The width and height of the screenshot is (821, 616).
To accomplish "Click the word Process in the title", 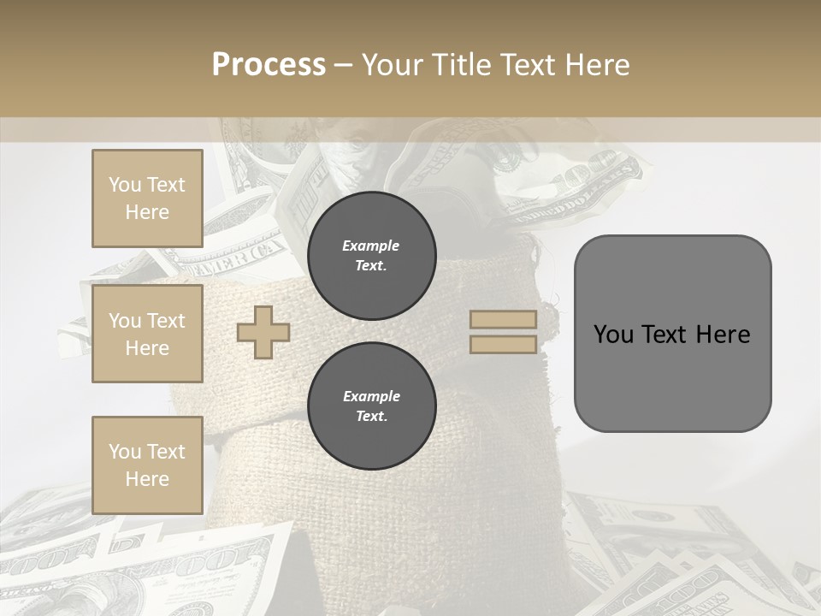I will pyautogui.click(x=269, y=65).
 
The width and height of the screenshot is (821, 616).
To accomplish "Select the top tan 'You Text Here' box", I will pyautogui.click(x=147, y=198).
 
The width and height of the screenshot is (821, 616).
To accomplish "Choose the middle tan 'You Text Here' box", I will pyautogui.click(x=147, y=334).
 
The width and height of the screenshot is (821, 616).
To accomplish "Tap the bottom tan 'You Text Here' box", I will pyautogui.click(x=147, y=465).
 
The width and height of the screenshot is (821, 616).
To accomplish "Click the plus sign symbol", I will pyautogui.click(x=263, y=332).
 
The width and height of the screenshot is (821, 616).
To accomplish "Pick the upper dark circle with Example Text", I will pyautogui.click(x=371, y=255).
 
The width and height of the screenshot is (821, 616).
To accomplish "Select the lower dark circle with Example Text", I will pyautogui.click(x=371, y=406).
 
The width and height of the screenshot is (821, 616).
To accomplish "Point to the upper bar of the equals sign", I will pyautogui.click(x=504, y=320).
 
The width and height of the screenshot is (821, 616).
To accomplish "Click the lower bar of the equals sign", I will pyautogui.click(x=504, y=344).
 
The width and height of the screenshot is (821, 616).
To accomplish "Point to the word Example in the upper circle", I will pyautogui.click(x=371, y=246).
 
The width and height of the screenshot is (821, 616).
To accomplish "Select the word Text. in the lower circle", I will pyautogui.click(x=371, y=417).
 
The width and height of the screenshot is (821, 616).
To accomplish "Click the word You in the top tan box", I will pyautogui.click(x=125, y=185).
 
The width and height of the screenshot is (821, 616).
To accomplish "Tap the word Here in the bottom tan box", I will pyautogui.click(x=147, y=479).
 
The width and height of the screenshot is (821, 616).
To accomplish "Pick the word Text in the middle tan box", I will pyautogui.click(x=165, y=321).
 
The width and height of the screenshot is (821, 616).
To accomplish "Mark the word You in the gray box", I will pyautogui.click(x=613, y=335).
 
